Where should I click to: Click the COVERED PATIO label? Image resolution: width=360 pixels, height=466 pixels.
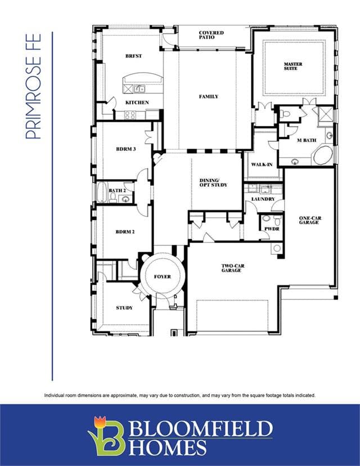[211, 35]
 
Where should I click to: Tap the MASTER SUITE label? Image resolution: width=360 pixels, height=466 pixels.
[293, 66]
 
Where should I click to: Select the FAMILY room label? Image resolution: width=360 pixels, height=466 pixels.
[209, 97]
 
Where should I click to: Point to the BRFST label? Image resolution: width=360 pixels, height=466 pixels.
[134, 56]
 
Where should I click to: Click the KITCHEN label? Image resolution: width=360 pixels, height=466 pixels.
[137, 102]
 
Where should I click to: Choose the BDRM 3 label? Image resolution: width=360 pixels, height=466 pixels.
[126, 149]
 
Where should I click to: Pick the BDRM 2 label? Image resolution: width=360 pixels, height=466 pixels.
[125, 231]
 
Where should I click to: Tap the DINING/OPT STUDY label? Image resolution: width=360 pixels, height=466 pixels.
[213, 182]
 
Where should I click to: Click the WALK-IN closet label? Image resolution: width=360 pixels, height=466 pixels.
[262, 164]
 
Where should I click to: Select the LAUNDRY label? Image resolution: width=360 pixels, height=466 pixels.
[263, 199]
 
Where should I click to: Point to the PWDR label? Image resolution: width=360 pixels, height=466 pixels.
[272, 229]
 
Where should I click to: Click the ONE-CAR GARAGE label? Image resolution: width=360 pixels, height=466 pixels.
[310, 220]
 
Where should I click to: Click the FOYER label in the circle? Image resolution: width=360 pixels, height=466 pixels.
[163, 277]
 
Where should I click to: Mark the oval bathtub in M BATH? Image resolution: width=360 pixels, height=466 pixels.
[322, 155]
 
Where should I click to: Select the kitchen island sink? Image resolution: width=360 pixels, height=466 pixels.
[139, 89]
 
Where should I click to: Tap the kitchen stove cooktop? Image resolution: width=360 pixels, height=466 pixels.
[130, 115]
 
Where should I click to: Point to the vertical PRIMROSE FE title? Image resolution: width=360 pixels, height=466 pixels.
[33, 86]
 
